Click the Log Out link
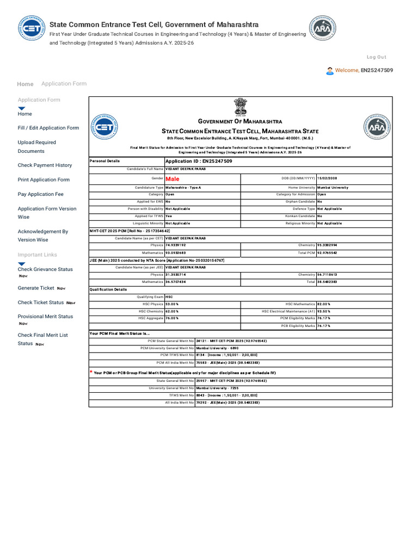376,57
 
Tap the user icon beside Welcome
330,71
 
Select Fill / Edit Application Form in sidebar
48,128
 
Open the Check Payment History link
45,165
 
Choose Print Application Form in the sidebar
44,180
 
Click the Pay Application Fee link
40,194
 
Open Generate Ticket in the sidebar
36,288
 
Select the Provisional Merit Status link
45,317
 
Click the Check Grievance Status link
45,269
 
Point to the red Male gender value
172,178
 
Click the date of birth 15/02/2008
328,178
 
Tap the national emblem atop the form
240,107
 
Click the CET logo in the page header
31,27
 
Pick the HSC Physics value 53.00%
172,304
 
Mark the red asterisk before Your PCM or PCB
91,372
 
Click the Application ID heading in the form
199,162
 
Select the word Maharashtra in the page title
237,24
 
